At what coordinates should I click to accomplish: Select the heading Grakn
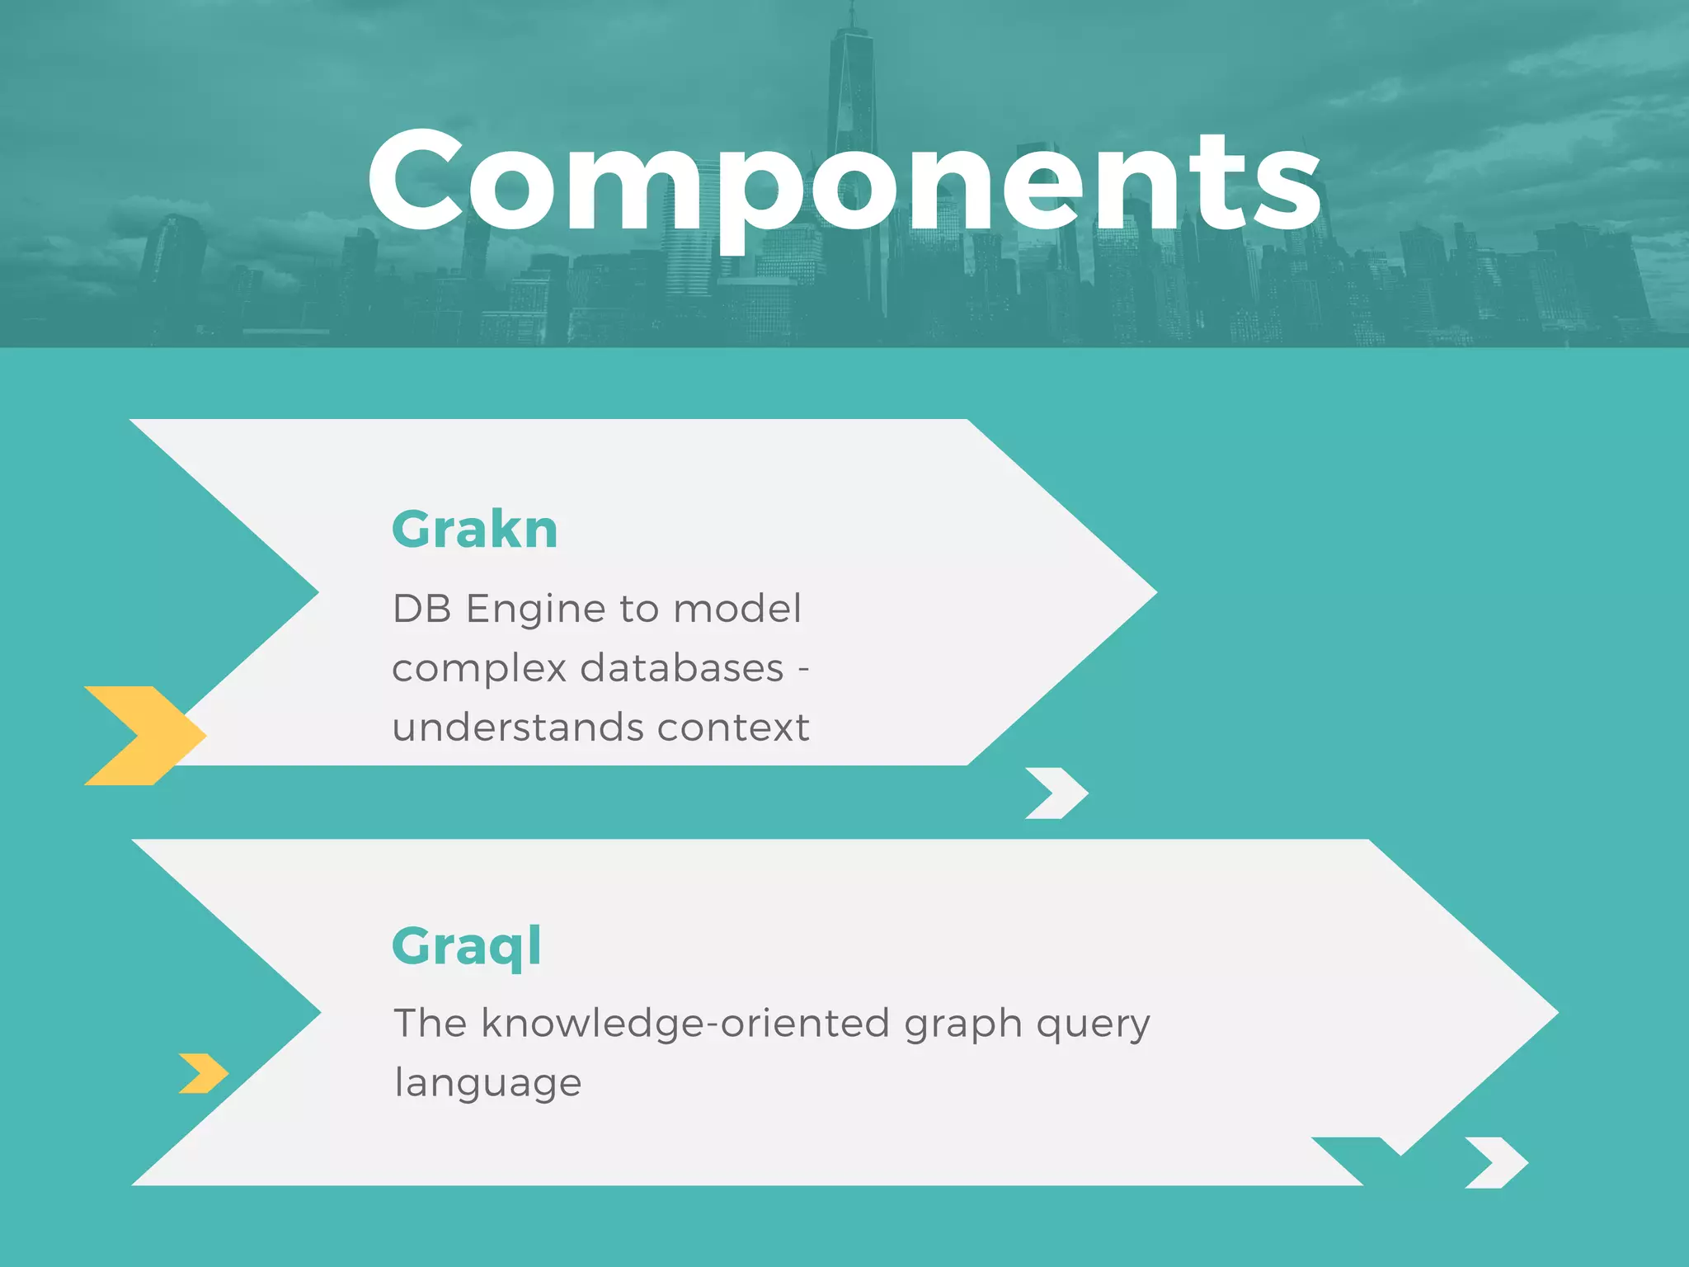pos(474,529)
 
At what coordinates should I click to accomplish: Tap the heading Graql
pos(467,947)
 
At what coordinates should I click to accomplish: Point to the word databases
pos(681,668)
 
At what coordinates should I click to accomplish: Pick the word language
pos(487,1083)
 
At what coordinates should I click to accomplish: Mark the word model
pos(736,610)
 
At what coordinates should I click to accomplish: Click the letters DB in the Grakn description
pos(421,610)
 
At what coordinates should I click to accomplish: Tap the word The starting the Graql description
pos(430,1024)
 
